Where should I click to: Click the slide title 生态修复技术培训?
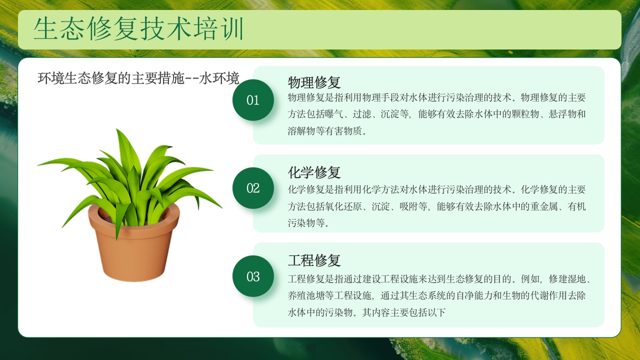point(138,29)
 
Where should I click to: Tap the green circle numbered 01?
point(253,100)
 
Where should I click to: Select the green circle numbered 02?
point(253,188)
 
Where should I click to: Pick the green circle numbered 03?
point(253,276)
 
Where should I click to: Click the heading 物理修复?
point(314,82)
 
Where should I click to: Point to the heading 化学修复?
point(314,172)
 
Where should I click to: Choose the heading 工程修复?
point(314,260)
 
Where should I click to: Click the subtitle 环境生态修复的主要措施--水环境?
point(138,78)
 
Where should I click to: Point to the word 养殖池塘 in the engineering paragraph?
point(307,295)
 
